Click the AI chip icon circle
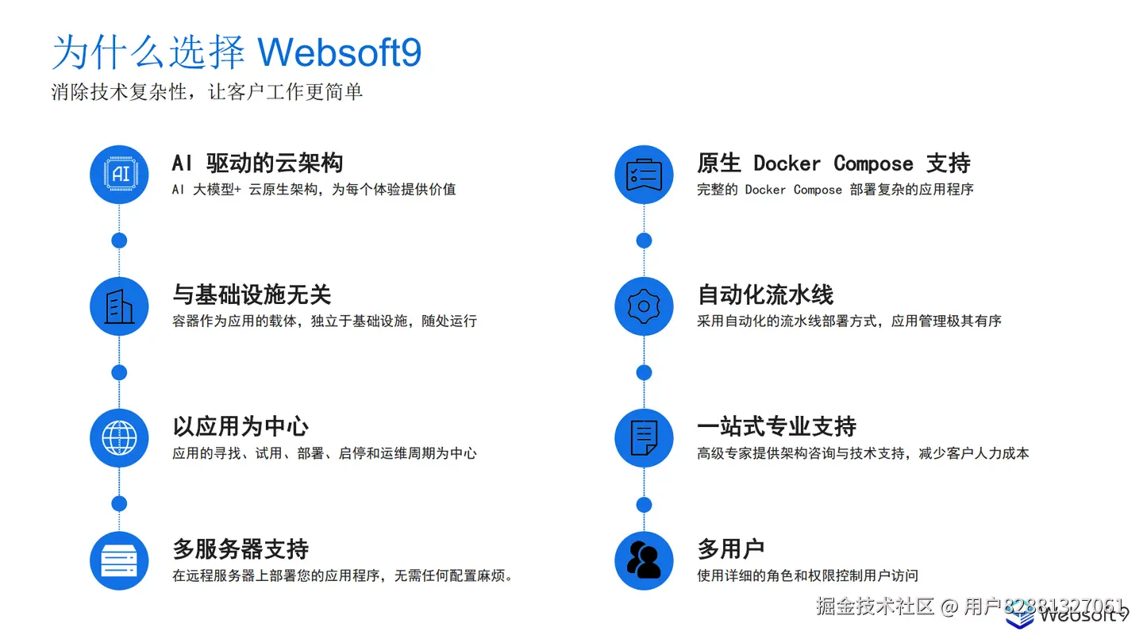coord(119,175)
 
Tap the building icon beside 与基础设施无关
coord(119,306)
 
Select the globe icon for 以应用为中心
coord(119,438)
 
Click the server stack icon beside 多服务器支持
coord(119,560)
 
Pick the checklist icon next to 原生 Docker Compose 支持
coord(644,175)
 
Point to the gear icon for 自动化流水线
coord(644,306)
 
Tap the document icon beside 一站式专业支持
coord(644,438)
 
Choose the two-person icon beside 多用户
coord(644,560)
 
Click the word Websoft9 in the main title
coord(340,52)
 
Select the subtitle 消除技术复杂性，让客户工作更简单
coord(207,92)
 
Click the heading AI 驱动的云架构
coord(257,164)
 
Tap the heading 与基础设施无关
coord(252,295)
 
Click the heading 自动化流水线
coord(765,295)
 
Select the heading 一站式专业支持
coord(776,427)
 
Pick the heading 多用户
coord(730,548)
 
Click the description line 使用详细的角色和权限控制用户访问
coord(807,575)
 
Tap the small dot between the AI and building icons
coord(119,241)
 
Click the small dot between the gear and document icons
coord(644,372)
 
